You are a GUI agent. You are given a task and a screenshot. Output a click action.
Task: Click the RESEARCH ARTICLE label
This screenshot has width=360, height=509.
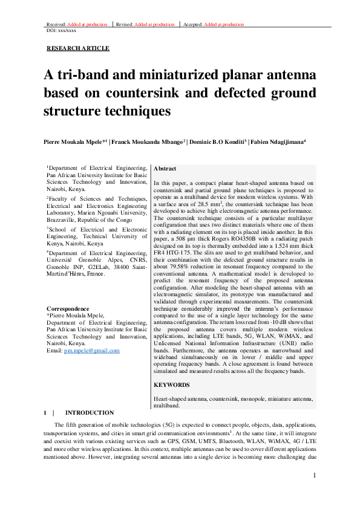click(x=78, y=48)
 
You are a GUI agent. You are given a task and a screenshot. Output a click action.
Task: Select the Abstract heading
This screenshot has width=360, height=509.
click(x=165, y=169)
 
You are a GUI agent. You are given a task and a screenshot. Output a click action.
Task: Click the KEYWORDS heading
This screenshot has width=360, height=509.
click(x=172, y=384)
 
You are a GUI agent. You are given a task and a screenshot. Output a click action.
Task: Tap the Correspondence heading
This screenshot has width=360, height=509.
click(x=68, y=308)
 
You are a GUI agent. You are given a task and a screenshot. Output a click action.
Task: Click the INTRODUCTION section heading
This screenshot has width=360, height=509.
click(x=89, y=412)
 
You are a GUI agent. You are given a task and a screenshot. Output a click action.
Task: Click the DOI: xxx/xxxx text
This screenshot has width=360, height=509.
click(x=61, y=30)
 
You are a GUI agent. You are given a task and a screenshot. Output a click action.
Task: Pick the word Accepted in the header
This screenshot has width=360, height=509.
click(x=192, y=24)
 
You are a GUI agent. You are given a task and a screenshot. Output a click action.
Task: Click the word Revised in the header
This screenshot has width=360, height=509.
click(x=126, y=24)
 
